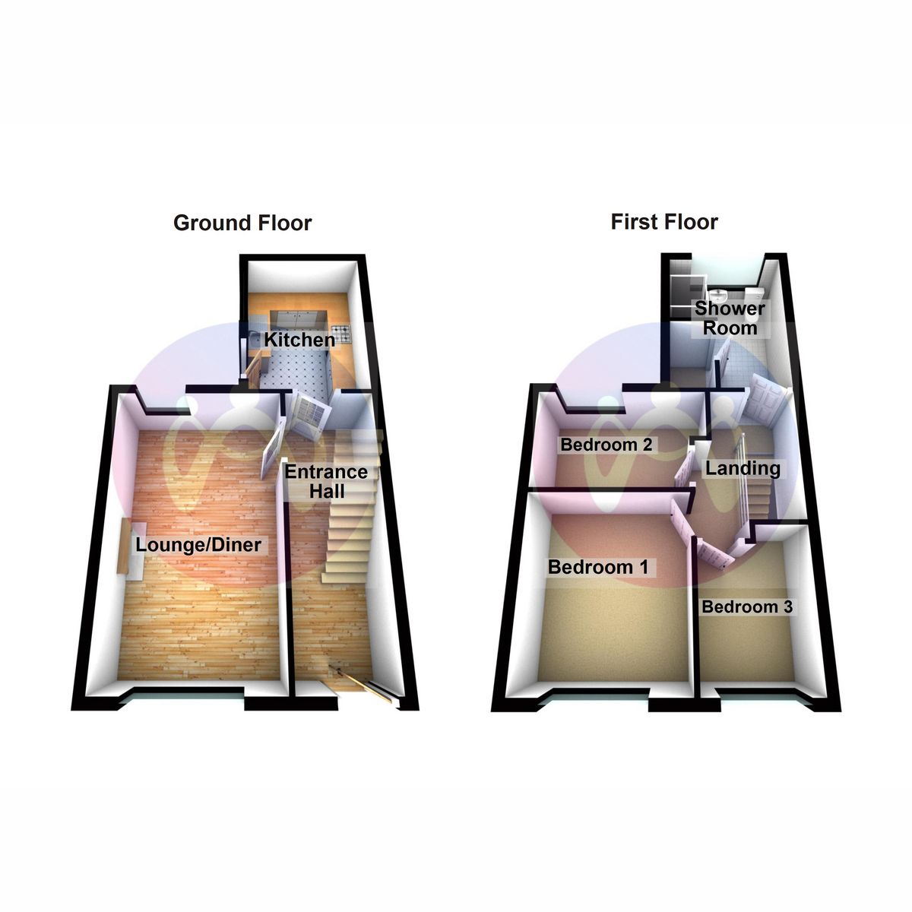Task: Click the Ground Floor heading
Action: coord(242,223)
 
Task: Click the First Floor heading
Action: coord(664,222)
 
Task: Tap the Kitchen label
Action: coord(299,340)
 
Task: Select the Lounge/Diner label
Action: coord(198,545)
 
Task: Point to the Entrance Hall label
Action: coord(326,481)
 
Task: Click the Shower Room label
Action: coord(730,318)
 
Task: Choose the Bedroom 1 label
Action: coord(598,567)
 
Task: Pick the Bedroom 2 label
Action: coord(606,445)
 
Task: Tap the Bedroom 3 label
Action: coord(747,606)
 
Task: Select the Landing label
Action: coord(743,468)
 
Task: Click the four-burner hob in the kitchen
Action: coord(344,332)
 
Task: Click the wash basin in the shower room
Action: coord(719,296)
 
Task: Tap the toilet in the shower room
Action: coord(752,296)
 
